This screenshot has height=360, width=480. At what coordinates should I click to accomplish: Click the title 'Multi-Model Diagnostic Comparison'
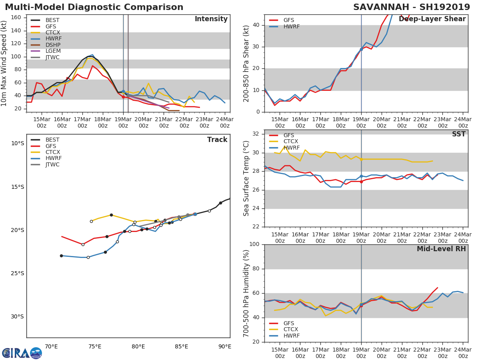click(x=94, y=7)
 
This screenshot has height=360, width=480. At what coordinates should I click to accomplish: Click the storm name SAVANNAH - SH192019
click(x=412, y=7)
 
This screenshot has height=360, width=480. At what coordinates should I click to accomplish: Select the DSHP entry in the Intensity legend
click(x=53, y=45)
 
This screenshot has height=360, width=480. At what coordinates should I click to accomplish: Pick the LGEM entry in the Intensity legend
click(x=53, y=51)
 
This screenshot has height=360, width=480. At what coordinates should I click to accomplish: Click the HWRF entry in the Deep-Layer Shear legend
click(x=292, y=26)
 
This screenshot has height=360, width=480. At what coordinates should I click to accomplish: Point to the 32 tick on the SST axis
click(x=256, y=134)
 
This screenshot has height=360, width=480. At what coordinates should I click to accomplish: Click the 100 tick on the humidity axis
click(x=254, y=244)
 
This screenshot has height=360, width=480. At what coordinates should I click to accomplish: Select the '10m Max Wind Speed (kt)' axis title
click(x=4, y=63)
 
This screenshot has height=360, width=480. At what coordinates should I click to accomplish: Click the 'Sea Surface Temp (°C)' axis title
click(x=246, y=178)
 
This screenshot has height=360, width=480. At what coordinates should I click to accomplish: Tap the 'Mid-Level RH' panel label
click(x=441, y=249)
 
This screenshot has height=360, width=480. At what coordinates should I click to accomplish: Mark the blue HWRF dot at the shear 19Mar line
click(x=361, y=49)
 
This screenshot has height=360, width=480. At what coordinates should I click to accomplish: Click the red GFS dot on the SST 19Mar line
click(x=361, y=182)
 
